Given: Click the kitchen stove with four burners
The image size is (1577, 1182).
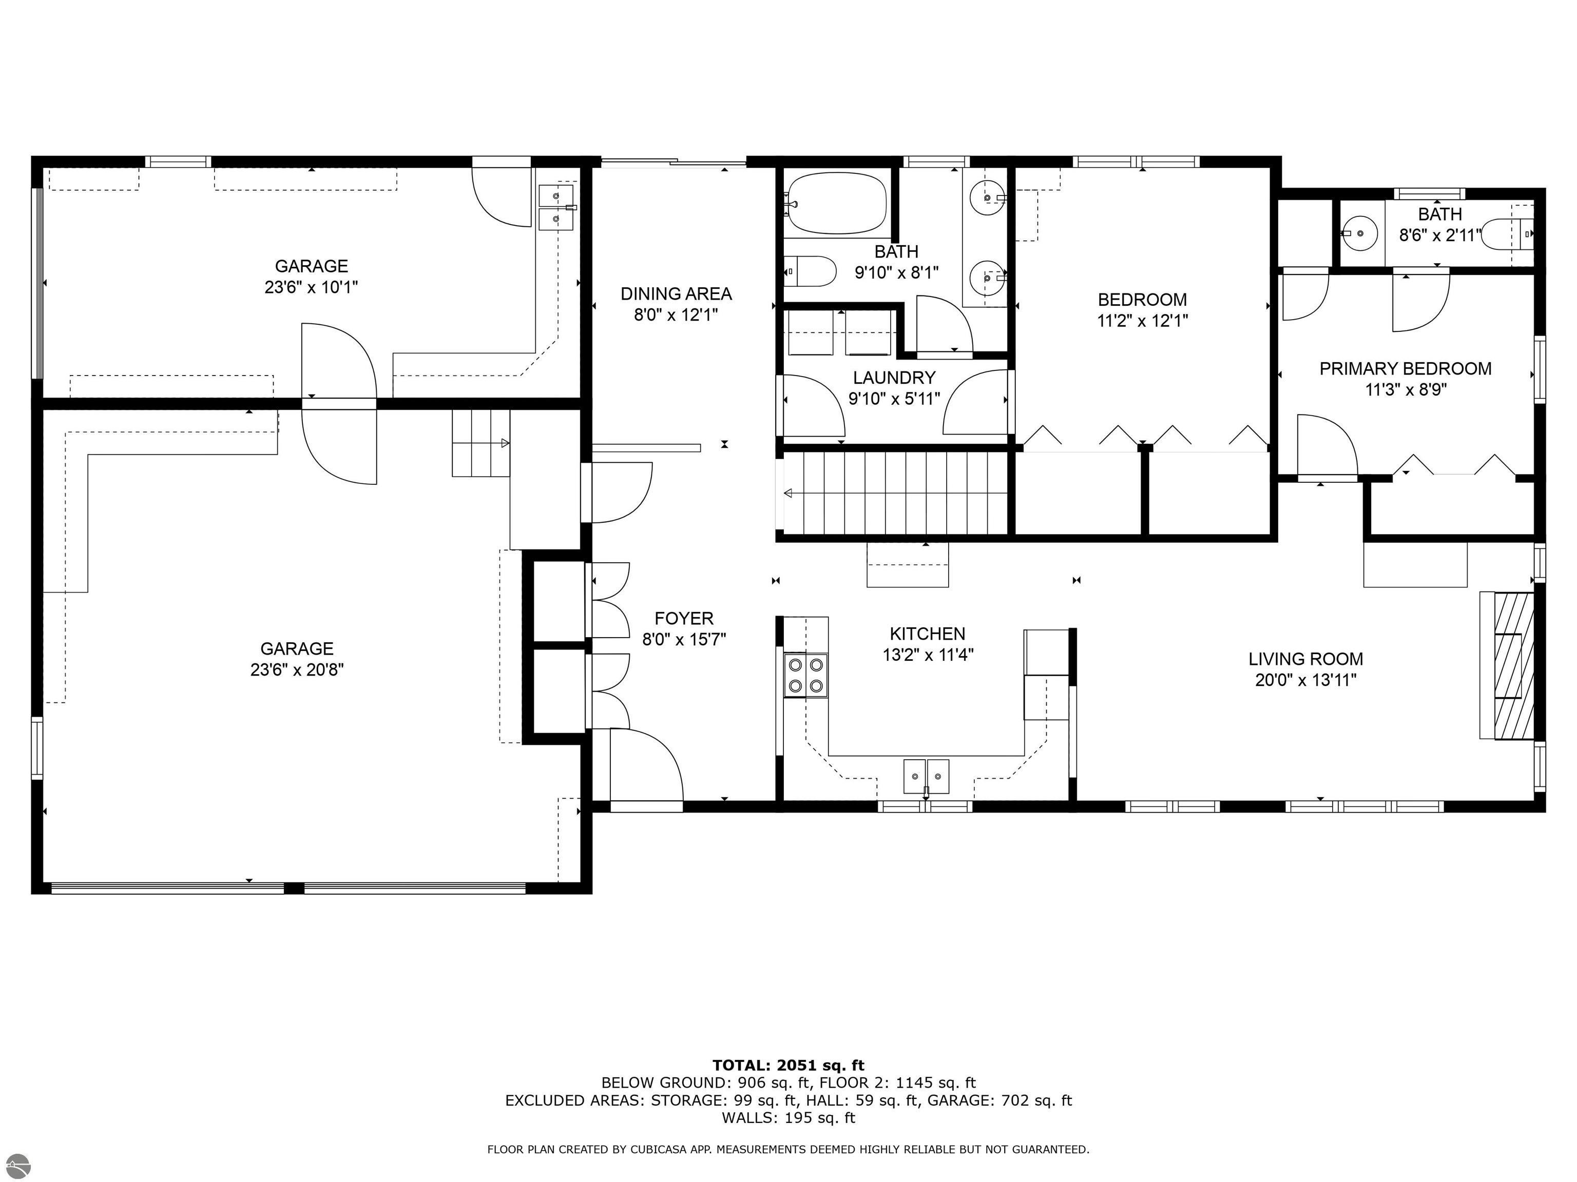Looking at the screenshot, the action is click(805, 676).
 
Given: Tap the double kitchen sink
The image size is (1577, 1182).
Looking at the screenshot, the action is click(926, 777).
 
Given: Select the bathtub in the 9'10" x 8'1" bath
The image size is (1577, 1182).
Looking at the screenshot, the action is click(837, 204).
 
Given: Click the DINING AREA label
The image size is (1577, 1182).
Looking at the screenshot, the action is click(676, 293).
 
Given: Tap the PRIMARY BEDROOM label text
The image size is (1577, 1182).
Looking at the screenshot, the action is click(1405, 368).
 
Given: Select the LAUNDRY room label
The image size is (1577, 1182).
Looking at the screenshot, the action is click(894, 378).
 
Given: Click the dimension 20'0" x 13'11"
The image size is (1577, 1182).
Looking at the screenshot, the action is click(1305, 680).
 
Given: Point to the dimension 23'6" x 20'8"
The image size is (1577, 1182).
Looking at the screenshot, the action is click(297, 669).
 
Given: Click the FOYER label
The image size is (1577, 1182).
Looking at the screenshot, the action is click(684, 618).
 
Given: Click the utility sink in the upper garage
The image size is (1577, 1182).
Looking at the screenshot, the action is click(557, 207).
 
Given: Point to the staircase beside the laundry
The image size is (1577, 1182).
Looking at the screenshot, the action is click(895, 493).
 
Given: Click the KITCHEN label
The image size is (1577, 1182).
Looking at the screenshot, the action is click(928, 634).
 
